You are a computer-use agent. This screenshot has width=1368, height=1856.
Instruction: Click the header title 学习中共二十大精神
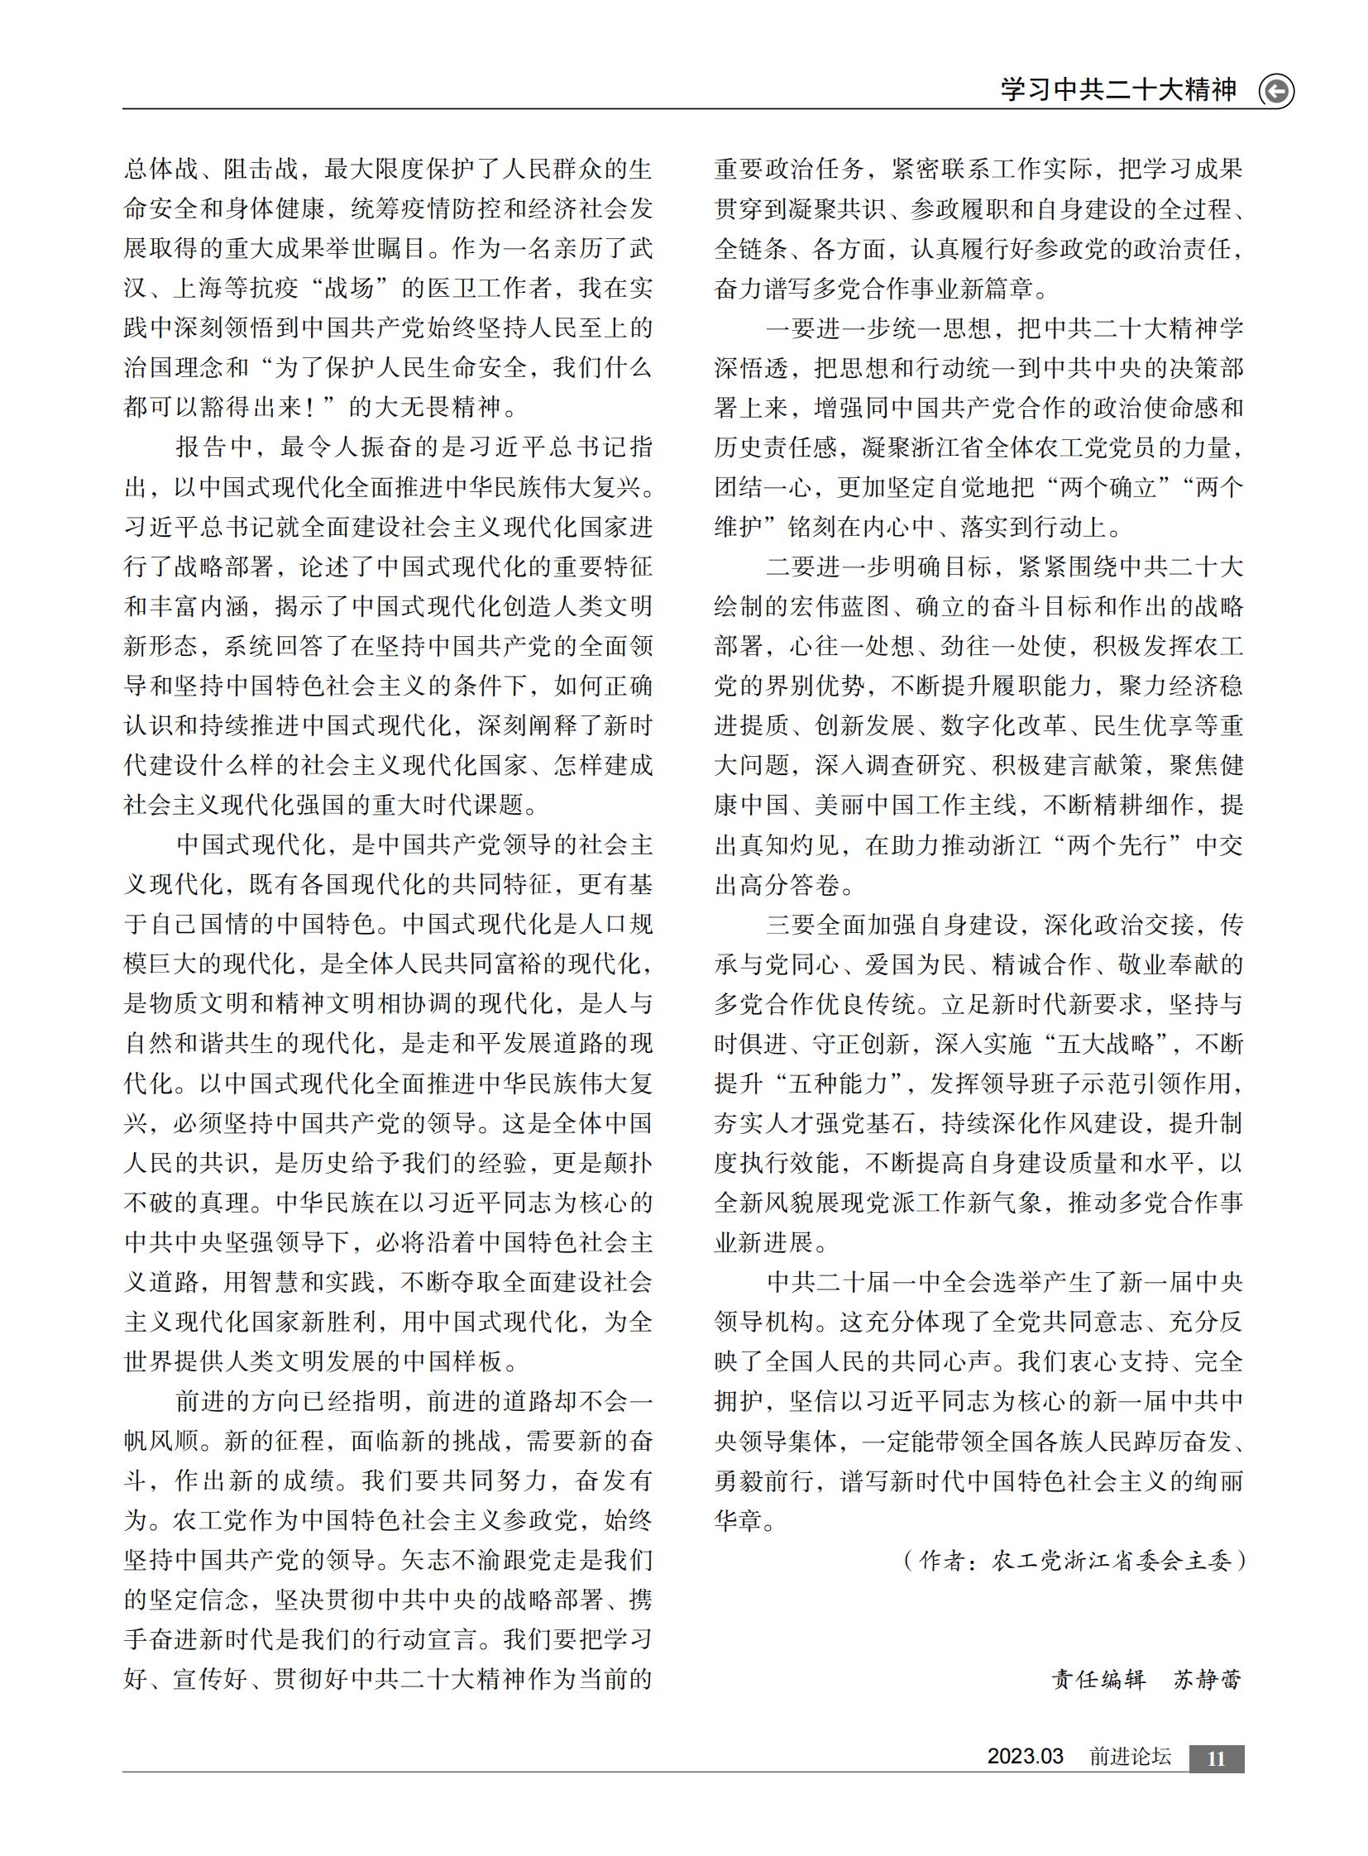pos(1118,89)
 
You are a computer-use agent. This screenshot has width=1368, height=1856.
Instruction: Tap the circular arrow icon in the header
pos(1276,91)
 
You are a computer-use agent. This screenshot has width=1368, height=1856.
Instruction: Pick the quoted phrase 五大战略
pos(1105,1045)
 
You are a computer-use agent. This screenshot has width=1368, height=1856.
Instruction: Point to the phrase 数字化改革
pos(1002,726)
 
